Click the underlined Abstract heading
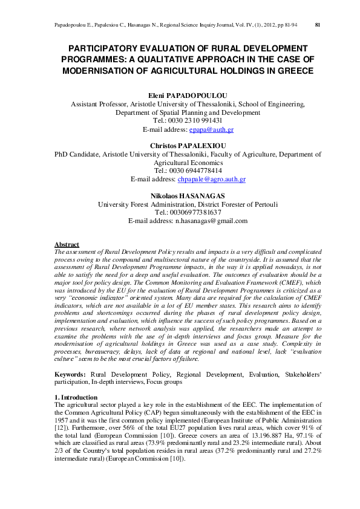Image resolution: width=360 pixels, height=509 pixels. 67,244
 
